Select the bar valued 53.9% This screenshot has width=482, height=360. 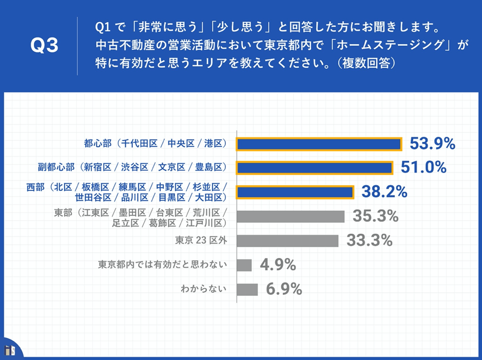point(318,144)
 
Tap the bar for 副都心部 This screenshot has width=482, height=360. point(314,168)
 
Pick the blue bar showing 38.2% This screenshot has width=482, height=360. point(295,192)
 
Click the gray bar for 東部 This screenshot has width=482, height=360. point(291,216)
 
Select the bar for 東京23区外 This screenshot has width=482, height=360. point(287,241)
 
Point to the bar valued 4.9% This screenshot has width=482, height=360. point(244,265)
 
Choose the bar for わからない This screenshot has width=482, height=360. point(247,289)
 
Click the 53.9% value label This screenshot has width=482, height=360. point(432,144)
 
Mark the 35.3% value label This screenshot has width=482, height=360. point(375,216)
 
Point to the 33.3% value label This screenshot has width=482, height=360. point(369,240)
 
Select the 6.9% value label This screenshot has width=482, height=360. point(283,289)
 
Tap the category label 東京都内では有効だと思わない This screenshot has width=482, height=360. point(163,265)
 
